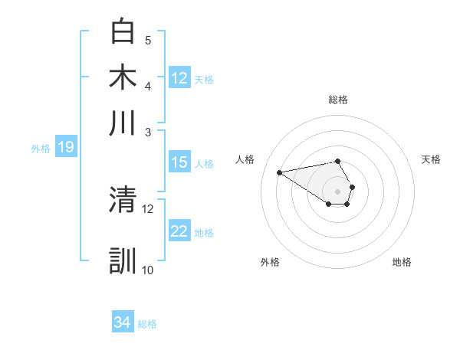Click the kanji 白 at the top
click(x=123, y=31)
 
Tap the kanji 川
click(x=123, y=123)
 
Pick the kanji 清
click(x=123, y=200)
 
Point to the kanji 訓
click(x=123, y=260)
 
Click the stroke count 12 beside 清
click(x=148, y=208)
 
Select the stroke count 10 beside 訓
click(x=148, y=270)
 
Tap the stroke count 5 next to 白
click(x=148, y=40)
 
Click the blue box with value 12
click(x=179, y=77)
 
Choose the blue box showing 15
click(x=179, y=162)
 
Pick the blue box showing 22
click(x=179, y=231)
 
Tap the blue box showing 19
click(x=65, y=147)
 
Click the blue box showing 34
click(x=122, y=322)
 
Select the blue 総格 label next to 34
click(x=147, y=324)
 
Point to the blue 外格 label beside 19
click(x=41, y=149)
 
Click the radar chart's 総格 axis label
click(x=338, y=100)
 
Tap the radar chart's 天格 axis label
click(x=431, y=159)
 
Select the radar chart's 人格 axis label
click(x=245, y=159)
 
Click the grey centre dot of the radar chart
click(x=338, y=191)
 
